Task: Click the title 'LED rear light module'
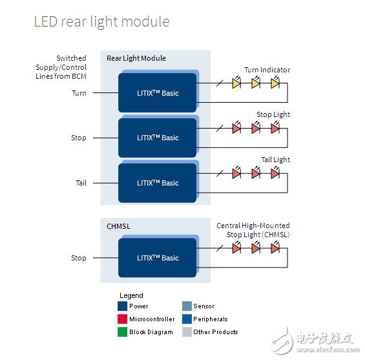[x=101, y=22]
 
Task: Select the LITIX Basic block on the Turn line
[x=157, y=93]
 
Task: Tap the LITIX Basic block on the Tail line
[x=157, y=183]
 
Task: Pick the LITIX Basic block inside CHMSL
[x=157, y=258]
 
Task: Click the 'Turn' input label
[x=79, y=93]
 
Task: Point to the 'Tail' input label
[x=81, y=183]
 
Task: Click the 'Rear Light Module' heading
[x=136, y=58]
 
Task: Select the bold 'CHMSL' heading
[x=119, y=226]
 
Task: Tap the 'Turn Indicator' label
[x=267, y=70]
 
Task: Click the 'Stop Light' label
[x=273, y=114]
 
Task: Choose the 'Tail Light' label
[x=275, y=160]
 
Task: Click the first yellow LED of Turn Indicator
[x=236, y=83]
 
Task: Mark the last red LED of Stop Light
[x=275, y=128]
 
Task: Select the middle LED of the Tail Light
[x=256, y=173]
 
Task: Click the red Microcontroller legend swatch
[x=122, y=319]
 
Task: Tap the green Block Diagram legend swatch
[x=122, y=332]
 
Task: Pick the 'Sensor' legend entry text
[x=203, y=306]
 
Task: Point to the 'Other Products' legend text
[x=216, y=332]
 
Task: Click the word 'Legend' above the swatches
[x=131, y=295]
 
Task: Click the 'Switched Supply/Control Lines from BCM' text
[x=61, y=67]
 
